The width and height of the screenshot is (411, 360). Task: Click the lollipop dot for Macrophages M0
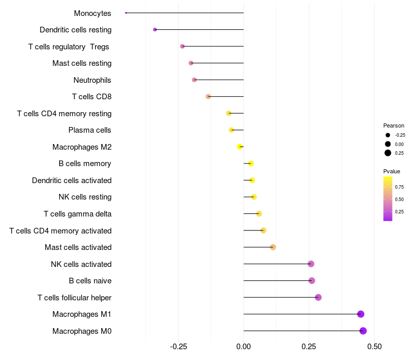pos(363,331)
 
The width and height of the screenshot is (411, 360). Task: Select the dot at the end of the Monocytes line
pos(126,13)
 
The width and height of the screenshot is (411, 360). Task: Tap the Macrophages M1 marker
pos(361,314)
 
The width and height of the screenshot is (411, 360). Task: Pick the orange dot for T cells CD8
pos(208,97)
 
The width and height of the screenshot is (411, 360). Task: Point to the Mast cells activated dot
pos(273,247)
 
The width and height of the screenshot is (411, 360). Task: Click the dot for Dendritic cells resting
pos(155,30)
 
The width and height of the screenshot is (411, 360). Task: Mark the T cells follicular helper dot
pos(318,297)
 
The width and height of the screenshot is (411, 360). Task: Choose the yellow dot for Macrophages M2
pos(240,147)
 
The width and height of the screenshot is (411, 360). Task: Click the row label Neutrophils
pos(92,80)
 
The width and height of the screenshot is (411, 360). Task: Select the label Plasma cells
pos(90,130)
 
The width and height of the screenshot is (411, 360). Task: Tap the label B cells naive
pos(90,281)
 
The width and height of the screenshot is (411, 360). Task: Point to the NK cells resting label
pos(85,197)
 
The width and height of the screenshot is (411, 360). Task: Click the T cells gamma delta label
pos(78,214)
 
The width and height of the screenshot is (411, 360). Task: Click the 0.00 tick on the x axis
pos(244,348)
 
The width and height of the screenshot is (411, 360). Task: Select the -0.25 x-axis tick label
pos(177,348)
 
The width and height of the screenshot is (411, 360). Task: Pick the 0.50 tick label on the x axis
pos(375,348)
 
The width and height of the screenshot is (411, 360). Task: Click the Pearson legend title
pos(394,125)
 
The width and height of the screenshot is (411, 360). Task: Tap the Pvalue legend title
pos(391,171)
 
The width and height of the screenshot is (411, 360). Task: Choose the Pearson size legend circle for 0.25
pos(388,153)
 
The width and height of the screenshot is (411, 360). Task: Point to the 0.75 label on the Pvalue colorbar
pos(399,187)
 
